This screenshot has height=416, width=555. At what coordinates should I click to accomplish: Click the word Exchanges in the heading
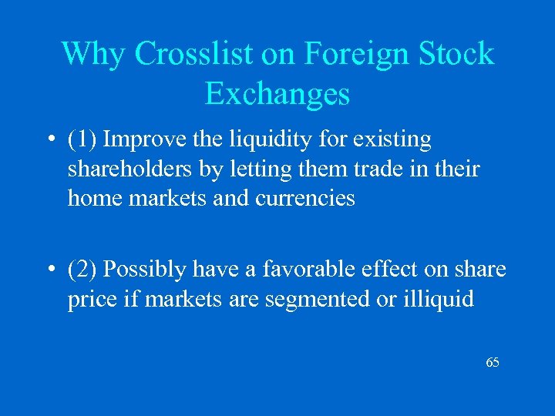point(277,94)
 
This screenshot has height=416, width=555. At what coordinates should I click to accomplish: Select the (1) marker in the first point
point(82,140)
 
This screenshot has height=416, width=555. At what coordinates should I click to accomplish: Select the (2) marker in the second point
point(82,270)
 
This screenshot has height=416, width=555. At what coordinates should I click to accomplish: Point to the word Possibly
point(146,270)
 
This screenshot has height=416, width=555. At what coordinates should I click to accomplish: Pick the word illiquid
point(438,299)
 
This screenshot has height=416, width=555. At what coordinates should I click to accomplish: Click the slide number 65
point(493,362)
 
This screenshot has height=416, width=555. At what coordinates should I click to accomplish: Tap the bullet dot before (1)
point(49,141)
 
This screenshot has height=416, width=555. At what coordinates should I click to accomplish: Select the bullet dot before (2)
point(49,270)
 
